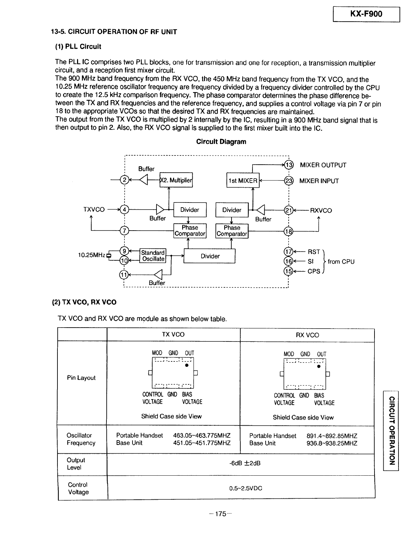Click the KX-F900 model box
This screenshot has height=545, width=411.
tap(366, 15)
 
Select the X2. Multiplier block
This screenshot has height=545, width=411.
tap(176, 180)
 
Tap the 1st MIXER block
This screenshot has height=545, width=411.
tap(243, 180)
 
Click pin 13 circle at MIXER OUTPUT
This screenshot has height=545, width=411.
tap(289, 165)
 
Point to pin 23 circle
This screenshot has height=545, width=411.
tap(289, 181)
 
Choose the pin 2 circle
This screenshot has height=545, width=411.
tap(124, 180)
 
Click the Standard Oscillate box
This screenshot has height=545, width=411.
tap(153, 256)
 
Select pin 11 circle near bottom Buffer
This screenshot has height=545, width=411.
tap(124, 275)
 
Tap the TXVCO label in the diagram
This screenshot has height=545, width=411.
tap(94, 210)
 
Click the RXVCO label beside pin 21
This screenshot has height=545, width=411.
tap(321, 211)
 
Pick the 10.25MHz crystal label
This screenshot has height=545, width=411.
tap(92, 255)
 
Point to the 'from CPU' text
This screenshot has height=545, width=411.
tap(341, 261)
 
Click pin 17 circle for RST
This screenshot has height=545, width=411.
tap(288, 252)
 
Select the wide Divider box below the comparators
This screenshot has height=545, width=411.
tap(209, 256)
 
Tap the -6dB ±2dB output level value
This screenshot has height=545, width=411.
tap(245, 463)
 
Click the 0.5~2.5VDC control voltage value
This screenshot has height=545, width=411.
tap(245, 489)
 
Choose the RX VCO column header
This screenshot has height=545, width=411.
tap(307, 335)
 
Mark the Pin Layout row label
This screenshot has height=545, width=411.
tap(81, 378)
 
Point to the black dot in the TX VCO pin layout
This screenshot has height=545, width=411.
tap(187, 365)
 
